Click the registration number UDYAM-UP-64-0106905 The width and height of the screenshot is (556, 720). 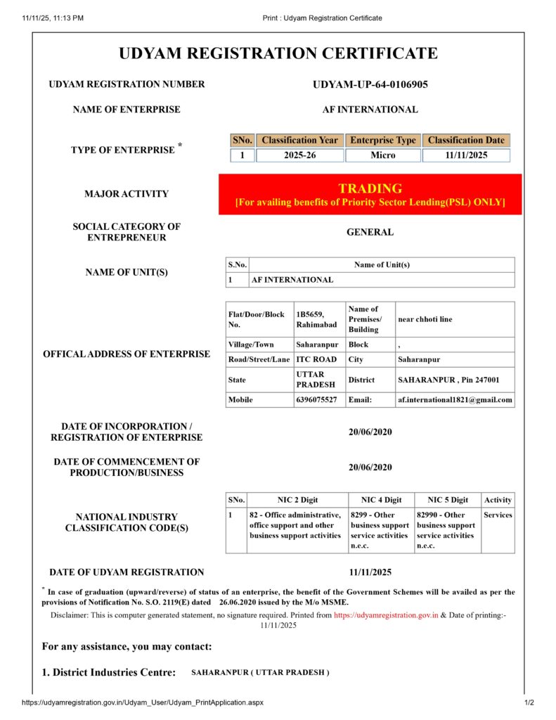click(370, 84)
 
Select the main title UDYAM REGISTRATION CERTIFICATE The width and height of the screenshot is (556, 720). click(278, 53)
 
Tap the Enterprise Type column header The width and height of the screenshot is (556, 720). click(383, 140)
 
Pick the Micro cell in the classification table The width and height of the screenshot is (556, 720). click(383, 155)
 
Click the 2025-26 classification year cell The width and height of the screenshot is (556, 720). click(299, 155)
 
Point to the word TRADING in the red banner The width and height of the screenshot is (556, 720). click(370, 188)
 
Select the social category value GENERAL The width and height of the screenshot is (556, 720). click(370, 232)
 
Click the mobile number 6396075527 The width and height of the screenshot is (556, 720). click(316, 399)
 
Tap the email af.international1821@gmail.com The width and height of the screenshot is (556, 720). click(455, 399)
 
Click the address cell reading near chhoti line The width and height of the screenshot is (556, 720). click(425, 319)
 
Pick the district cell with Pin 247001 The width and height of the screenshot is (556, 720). click(448, 379)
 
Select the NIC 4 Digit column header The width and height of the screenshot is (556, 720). click(381, 500)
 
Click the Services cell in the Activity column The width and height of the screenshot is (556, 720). click(498, 515)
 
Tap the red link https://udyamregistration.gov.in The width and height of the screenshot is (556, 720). click(386, 615)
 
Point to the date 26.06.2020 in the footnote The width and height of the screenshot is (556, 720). click(239, 602)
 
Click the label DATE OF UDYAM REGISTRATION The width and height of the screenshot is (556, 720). click(127, 572)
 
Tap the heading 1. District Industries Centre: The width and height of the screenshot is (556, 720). click(109, 672)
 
